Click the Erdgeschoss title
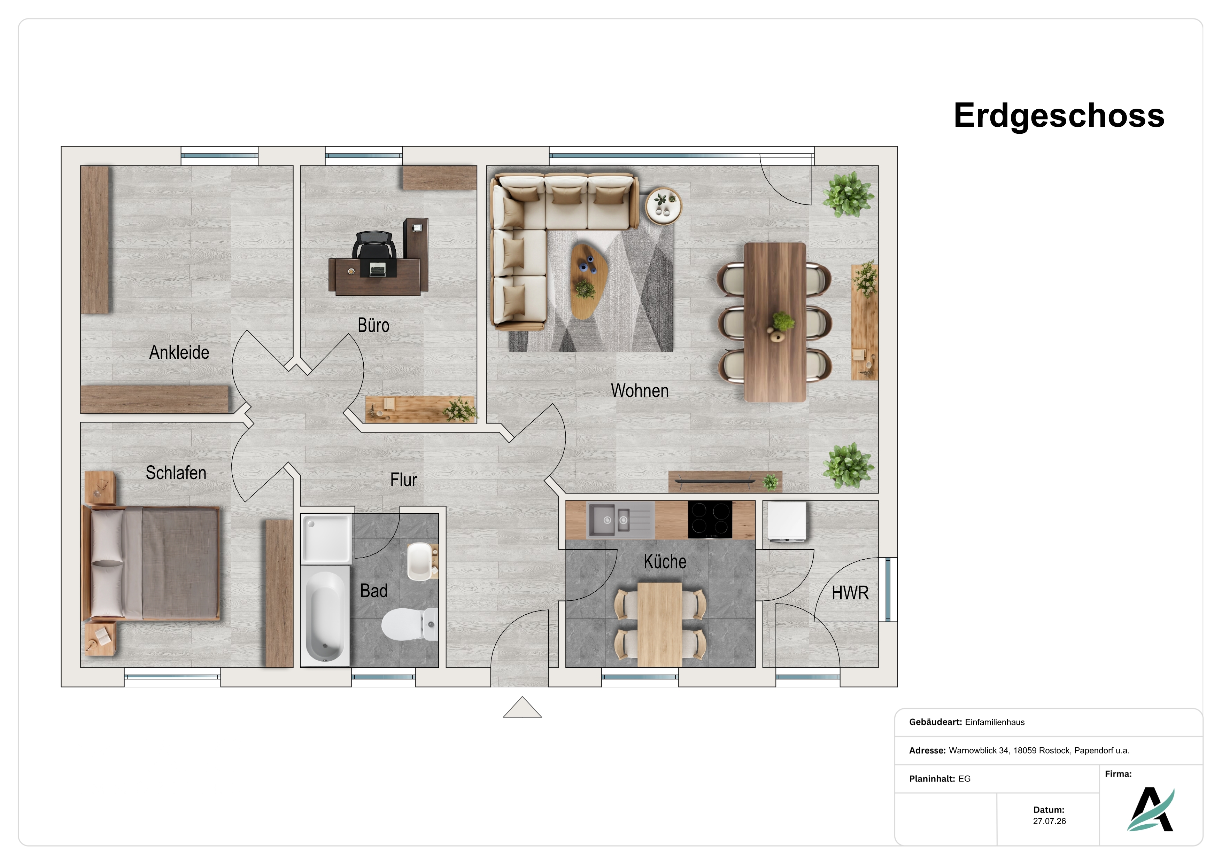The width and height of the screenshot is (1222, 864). pyautogui.click(x=1059, y=116)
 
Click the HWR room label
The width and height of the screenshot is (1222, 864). pyautogui.click(x=850, y=593)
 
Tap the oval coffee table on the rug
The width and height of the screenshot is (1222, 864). pyautogui.click(x=589, y=280)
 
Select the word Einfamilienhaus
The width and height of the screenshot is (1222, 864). pyautogui.click(x=995, y=722)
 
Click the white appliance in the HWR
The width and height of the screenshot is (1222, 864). pyautogui.click(x=787, y=522)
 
